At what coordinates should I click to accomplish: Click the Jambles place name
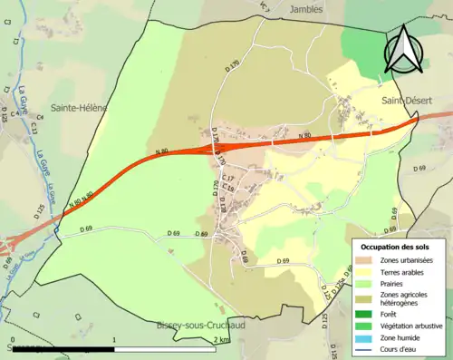point(305,8)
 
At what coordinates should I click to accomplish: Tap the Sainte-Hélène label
point(79,107)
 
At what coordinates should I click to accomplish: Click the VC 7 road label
point(265,7)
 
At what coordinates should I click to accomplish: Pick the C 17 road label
point(228,178)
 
